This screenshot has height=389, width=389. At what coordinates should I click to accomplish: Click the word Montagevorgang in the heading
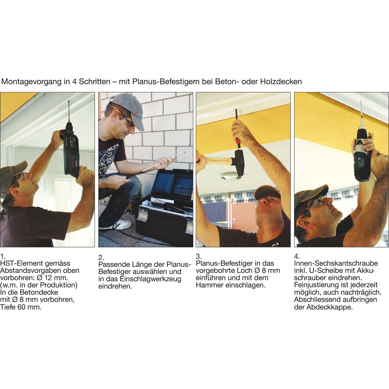(31, 82)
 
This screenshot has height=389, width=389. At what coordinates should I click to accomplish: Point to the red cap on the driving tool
(238, 142)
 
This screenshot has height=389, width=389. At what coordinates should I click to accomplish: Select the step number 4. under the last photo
(297, 256)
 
